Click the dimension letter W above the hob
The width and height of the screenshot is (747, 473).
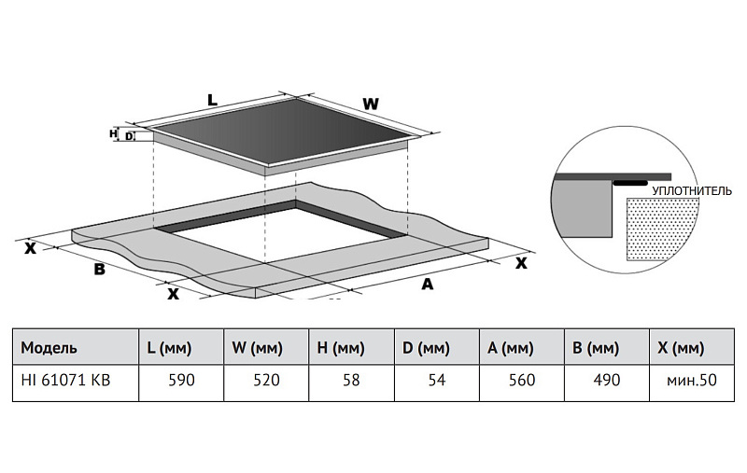coord(371,104)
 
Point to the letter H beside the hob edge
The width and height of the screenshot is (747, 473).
coord(113,134)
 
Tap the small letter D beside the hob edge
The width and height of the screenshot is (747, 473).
coord(130,136)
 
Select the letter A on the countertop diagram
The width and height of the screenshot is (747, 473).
coord(428,284)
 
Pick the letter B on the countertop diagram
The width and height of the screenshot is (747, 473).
coord(98,271)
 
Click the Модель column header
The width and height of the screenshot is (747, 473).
coord(49,348)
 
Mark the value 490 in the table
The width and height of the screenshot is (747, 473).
coord(605,381)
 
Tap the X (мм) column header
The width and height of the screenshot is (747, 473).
coord(680,348)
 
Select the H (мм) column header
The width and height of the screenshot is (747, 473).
coord(340,348)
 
